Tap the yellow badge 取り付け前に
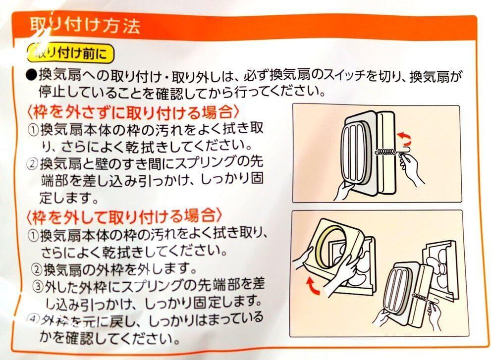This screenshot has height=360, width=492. point(71,53)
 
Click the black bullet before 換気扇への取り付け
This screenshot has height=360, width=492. point(31,76)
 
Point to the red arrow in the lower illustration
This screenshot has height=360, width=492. point(313,285)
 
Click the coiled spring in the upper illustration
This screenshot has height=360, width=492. point(384,152)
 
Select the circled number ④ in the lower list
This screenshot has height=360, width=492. point(33,319)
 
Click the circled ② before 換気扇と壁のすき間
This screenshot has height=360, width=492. point(33,164)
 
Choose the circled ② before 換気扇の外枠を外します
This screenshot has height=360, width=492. point(38,269)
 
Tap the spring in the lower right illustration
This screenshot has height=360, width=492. point(421,296)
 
